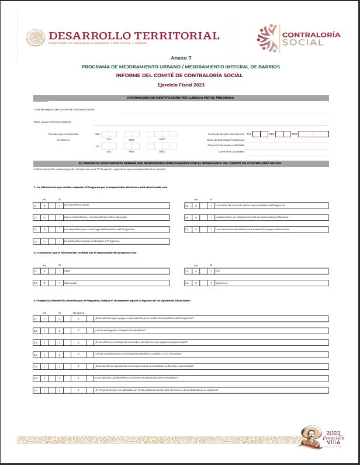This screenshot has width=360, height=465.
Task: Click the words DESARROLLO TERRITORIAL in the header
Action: pos(134,36)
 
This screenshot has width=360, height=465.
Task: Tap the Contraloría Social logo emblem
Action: pos(268,38)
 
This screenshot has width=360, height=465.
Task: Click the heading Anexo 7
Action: pos(181,58)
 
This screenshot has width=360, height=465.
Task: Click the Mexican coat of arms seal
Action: pos(35,38)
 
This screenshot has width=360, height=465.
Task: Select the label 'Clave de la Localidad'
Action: pos(231,151)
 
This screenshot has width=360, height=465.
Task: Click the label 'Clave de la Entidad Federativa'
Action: pos(225,140)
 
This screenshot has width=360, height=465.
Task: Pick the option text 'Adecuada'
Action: pos(70,283)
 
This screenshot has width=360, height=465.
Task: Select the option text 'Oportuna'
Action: pos(222,283)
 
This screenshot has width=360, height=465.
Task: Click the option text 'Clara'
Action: pos(67,271)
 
